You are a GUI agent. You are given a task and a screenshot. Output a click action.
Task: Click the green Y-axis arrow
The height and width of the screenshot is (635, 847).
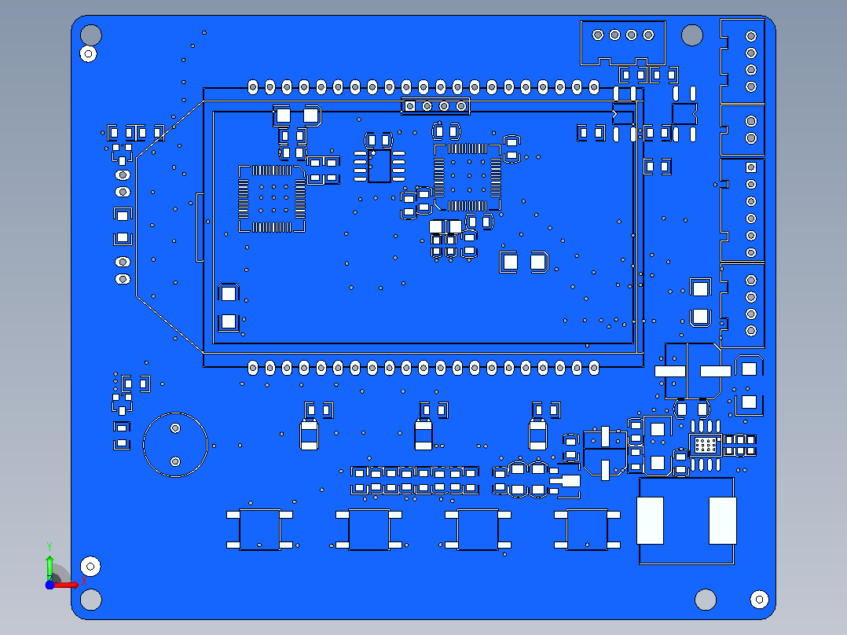pos(49,565)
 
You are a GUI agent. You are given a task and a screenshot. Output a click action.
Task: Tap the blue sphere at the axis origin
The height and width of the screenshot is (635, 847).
pos(49,585)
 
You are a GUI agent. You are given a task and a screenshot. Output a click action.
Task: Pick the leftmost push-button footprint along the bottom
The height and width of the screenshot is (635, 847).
pos(260,530)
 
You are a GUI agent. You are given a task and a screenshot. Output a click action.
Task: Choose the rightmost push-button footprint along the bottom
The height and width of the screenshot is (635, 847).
pos(587,530)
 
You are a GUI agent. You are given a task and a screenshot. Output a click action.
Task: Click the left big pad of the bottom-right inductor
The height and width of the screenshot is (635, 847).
pos(650,520)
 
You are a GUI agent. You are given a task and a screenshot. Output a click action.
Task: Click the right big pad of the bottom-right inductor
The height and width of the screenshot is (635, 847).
pos(723,520)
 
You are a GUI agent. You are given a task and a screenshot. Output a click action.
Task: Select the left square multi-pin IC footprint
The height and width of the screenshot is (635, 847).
pos(272,199)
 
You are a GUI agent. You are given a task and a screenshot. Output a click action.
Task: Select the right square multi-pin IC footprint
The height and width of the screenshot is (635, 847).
pos(467,177)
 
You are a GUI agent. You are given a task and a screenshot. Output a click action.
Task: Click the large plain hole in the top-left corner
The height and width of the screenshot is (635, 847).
pos(91,35)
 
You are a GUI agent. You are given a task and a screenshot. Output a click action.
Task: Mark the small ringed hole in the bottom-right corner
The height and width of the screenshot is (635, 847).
pos(760,599)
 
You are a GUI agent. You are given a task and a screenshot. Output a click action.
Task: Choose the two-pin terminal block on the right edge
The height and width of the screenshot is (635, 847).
pos(742,130)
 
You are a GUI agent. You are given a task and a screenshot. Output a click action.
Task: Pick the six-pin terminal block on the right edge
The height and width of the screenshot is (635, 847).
pos(742,210)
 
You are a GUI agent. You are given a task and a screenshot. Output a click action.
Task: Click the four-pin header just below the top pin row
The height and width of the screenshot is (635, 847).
pos(435,106)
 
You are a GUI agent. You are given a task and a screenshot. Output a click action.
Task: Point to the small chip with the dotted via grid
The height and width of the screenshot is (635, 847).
pos(706,446)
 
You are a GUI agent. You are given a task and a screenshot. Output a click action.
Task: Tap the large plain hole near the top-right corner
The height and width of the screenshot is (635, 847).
pos(692,35)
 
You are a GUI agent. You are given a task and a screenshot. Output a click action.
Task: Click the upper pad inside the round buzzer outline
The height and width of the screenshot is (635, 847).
pos(175,428)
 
